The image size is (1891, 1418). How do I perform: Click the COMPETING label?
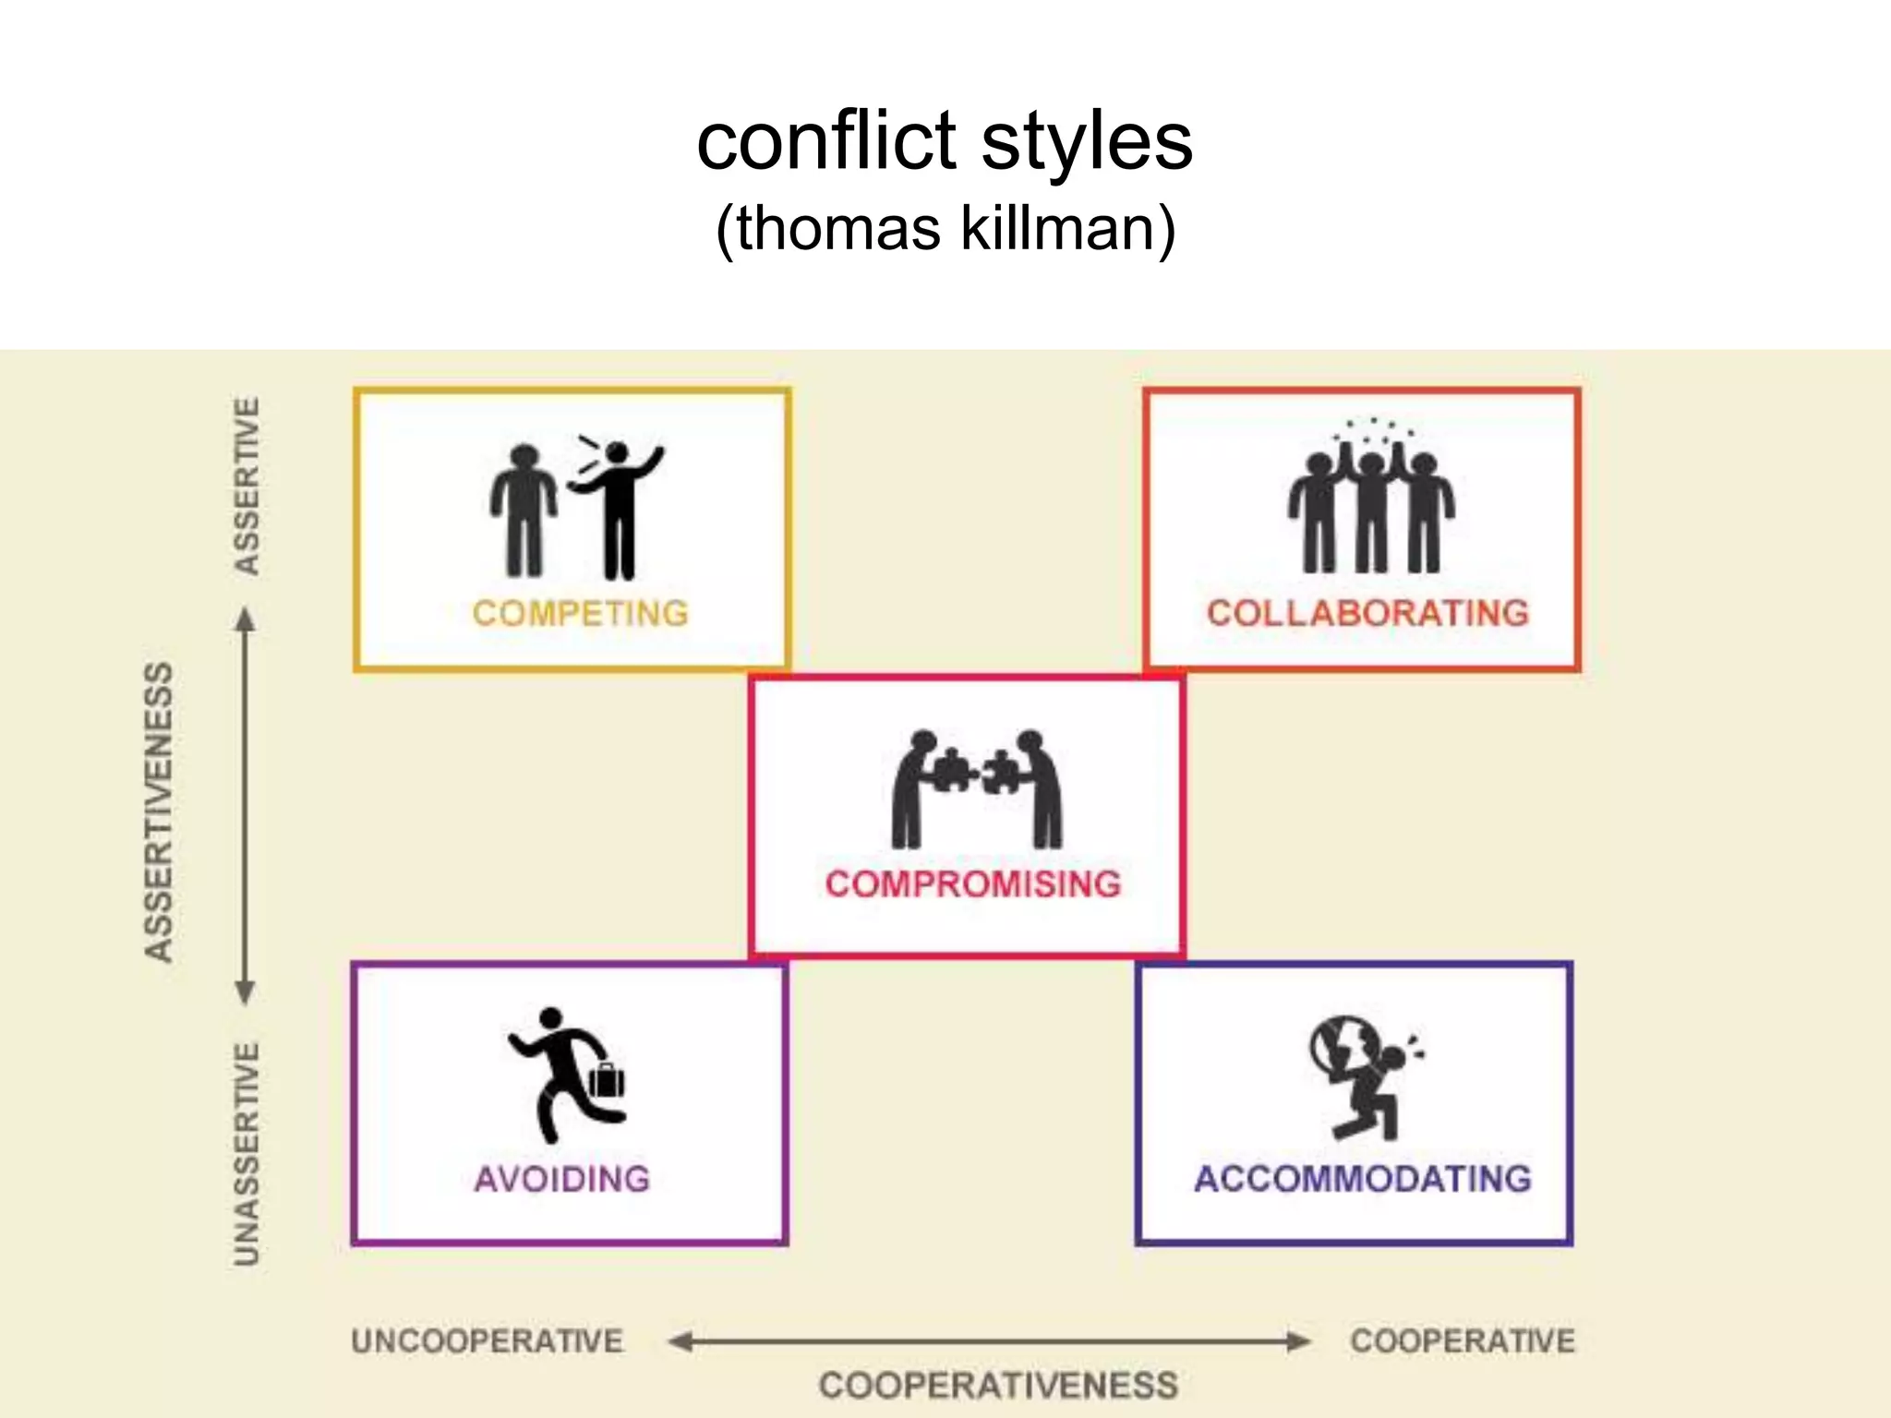pos(580,613)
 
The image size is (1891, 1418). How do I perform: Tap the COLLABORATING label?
pos(1367,613)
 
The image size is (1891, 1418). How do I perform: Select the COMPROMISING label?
pos(973,883)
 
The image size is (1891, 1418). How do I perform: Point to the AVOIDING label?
pos(562,1179)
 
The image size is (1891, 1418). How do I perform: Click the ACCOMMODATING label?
pos(1363,1179)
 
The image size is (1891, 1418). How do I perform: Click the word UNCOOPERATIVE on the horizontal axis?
pos(488,1340)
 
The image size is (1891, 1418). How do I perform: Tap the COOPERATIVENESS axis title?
pos(998,1385)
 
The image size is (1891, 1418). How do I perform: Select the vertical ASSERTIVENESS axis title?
pos(159,812)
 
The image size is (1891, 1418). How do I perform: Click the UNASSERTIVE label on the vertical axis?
pos(247,1154)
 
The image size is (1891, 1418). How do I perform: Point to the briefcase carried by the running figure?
pos(607,1079)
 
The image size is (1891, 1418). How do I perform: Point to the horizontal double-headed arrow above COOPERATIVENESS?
pos(988,1341)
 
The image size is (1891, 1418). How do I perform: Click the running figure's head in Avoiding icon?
pos(550,1017)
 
